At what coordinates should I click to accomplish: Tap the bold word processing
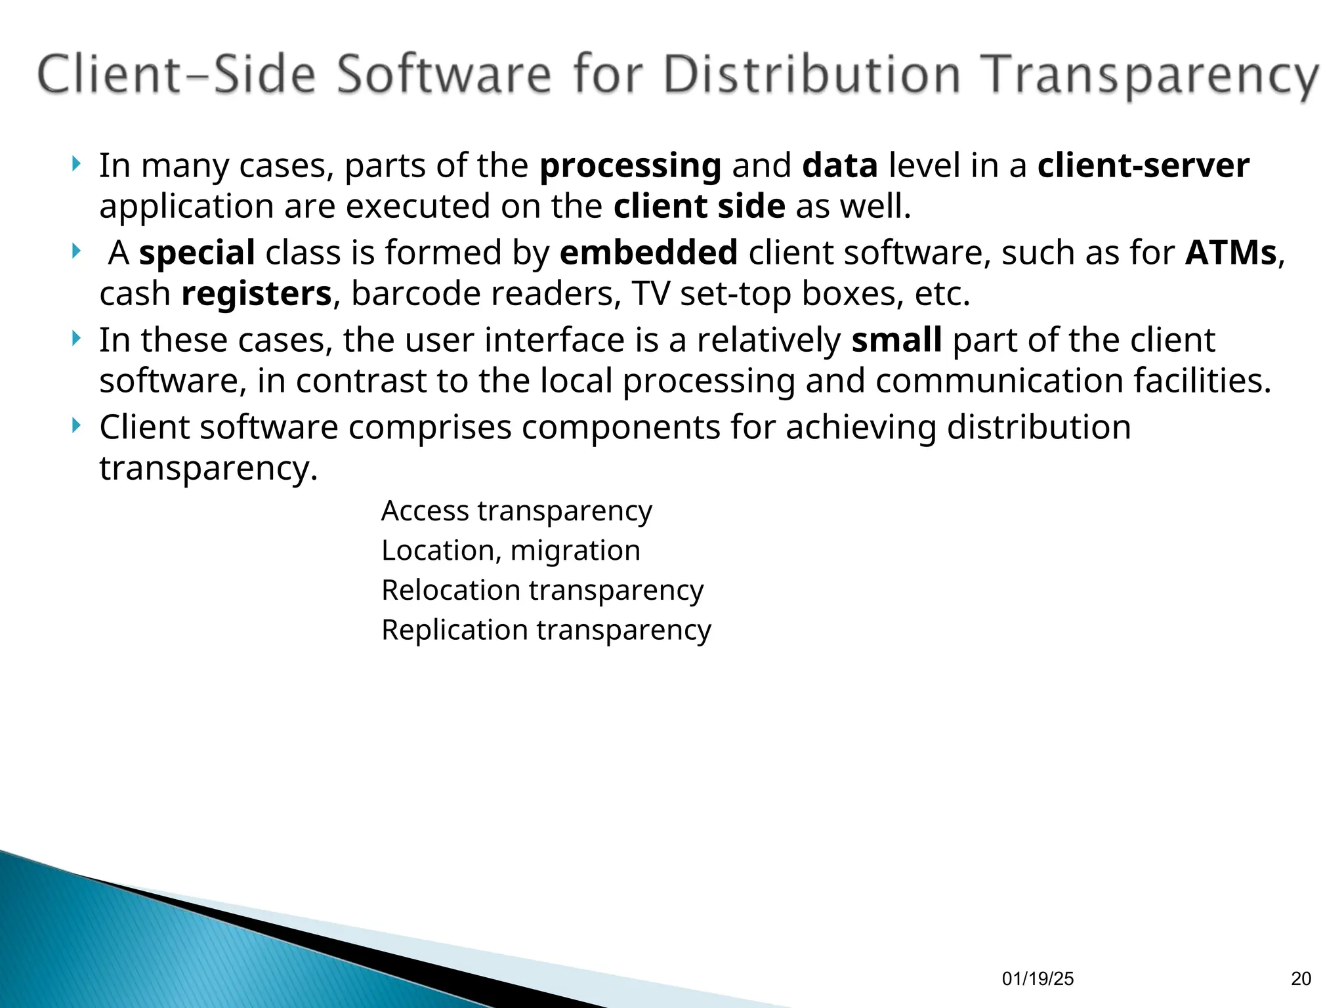click(630, 165)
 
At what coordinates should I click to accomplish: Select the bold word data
click(840, 165)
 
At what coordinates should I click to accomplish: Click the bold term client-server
click(1143, 165)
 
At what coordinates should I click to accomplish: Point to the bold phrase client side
click(699, 207)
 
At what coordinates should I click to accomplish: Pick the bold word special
click(197, 253)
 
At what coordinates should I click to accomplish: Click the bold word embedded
click(648, 253)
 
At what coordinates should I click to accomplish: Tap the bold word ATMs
click(1231, 253)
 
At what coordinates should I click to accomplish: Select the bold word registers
click(256, 293)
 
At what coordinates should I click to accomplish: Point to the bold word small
click(896, 340)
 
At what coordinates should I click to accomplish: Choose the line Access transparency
click(516, 511)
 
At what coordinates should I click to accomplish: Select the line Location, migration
click(511, 550)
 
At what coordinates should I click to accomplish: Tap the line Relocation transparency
click(542, 590)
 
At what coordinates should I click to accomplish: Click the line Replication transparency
click(546, 630)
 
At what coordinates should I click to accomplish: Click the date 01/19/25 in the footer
click(1038, 979)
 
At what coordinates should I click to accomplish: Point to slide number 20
click(1301, 979)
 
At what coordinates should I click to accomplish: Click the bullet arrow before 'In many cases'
click(77, 163)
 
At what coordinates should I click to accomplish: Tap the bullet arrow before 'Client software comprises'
click(77, 426)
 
